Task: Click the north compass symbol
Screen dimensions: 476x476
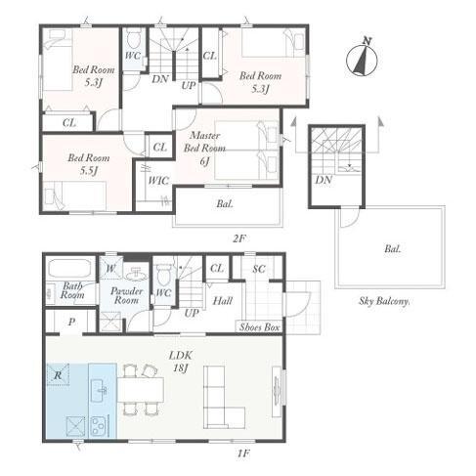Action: coord(362,58)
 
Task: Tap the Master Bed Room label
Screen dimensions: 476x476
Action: coord(204,148)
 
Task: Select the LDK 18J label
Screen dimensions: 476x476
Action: coord(180,362)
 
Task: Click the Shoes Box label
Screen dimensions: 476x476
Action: coord(259,326)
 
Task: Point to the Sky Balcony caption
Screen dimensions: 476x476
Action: coord(384,301)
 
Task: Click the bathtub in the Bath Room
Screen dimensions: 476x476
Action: coord(69,269)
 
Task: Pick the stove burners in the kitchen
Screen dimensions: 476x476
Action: coord(99,426)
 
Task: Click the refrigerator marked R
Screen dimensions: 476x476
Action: coord(58,374)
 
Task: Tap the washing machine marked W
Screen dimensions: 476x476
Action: coord(110,268)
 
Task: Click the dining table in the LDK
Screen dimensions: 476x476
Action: coord(141,390)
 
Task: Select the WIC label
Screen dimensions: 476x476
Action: coord(158,180)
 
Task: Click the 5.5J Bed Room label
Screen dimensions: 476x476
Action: coord(88,164)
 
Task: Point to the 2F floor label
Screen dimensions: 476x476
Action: coord(238,238)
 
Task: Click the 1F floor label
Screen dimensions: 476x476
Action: coord(243,453)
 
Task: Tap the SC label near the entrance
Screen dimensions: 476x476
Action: coord(259,269)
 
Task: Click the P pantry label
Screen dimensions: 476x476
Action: coord(71,323)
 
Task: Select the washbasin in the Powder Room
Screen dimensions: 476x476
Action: coord(137,275)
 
